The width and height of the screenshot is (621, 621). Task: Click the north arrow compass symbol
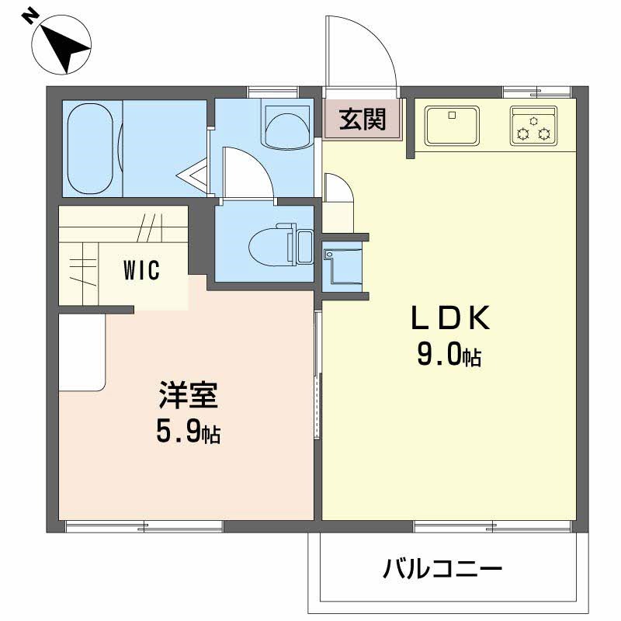[x=61, y=44]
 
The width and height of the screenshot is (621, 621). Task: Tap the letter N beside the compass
[x=29, y=16]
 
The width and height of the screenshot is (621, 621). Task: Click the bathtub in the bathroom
[x=90, y=148]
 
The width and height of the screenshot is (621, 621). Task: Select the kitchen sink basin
[x=452, y=126]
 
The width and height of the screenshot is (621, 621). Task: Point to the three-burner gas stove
[x=533, y=126]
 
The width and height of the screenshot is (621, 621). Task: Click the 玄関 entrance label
[x=362, y=119]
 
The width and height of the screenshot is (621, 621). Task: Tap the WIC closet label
[x=141, y=270]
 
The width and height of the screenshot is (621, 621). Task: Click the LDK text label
[x=451, y=317]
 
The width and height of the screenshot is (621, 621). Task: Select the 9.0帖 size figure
[x=449, y=354]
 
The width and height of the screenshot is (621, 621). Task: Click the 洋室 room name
[x=188, y=395]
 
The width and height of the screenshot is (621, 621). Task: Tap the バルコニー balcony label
[x=442, y=569]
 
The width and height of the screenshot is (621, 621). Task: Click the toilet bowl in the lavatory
[x=272, y=245]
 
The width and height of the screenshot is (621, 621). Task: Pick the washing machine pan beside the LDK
[x=342, y=266]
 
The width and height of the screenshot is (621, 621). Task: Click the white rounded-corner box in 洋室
[x=82, y=352]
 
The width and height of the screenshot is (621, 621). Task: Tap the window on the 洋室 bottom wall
[x=144, y=526]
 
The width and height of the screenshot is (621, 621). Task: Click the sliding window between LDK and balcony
[x=492, y=526]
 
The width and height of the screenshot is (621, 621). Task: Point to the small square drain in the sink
[x=452, y=115]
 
